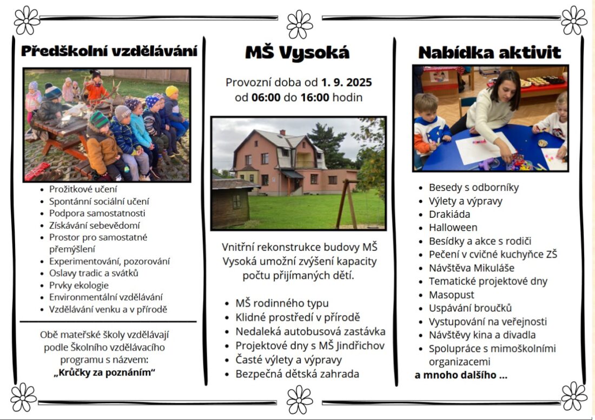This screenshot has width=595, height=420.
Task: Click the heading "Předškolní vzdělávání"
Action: tap(109, 51)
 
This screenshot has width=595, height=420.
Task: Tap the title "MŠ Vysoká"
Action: tap(297, 52)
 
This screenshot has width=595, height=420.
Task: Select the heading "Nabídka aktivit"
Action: tap(490, 52)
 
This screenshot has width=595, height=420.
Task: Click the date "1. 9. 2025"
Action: tap(346, 83)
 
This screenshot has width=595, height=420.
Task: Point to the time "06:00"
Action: tap(264, 98)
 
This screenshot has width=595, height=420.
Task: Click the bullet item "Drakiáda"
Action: tap(449, 214)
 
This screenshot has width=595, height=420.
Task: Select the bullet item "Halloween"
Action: tap(453, 228)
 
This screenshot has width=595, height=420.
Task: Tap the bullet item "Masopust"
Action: tap(451, 295)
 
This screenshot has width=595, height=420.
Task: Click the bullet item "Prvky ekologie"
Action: tap(79, 285)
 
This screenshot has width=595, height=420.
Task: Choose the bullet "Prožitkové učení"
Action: tap(83, 189)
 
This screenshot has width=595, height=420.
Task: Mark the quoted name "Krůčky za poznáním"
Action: tap(105, 372)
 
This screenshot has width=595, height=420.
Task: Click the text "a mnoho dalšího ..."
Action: tap(461, 375)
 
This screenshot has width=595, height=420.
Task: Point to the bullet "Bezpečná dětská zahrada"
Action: tap(297, 374)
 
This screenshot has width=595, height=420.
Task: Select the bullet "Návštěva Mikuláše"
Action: tap(471, 268)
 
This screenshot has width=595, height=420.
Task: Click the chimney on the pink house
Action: tap(282, 132)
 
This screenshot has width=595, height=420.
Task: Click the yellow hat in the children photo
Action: tap(171, 91)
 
